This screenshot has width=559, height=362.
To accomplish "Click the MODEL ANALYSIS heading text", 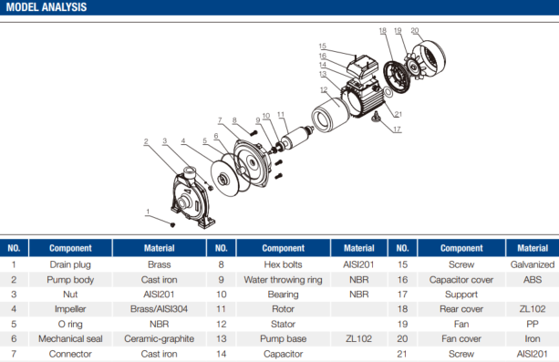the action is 47,7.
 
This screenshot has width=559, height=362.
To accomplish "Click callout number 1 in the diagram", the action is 148,212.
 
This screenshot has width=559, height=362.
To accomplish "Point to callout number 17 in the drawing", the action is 398,129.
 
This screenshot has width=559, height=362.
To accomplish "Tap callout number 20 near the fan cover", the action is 415,31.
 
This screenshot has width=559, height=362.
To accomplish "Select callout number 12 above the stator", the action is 324,89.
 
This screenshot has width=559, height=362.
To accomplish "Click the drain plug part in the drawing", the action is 173,224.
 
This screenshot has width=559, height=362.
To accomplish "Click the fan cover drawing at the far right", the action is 429,59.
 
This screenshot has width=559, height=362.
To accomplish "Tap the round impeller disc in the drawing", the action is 224,178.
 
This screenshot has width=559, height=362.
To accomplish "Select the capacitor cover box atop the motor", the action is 363,67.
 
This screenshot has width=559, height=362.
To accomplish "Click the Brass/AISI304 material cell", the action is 159,309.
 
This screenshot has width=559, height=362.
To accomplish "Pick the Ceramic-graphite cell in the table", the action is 159,338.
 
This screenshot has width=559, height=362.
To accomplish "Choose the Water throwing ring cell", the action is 283,280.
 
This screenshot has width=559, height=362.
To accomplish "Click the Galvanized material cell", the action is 533,264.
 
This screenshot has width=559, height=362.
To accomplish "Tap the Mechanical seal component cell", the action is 70,338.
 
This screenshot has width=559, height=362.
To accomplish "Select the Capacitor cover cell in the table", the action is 461,280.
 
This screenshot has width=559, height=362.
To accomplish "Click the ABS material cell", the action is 533,280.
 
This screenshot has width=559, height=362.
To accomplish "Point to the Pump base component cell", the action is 283,338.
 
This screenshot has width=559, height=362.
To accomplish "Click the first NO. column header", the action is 14,248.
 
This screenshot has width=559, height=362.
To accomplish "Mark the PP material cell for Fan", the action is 533,324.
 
